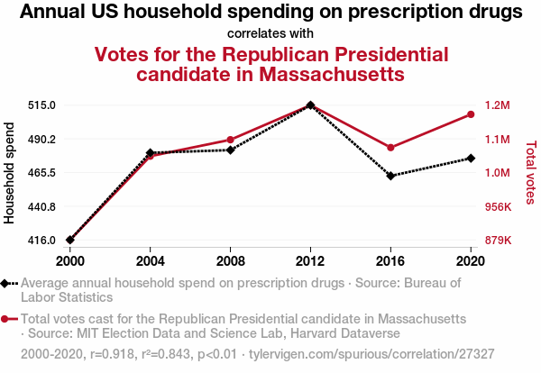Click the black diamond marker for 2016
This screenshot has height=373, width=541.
pos(390,176)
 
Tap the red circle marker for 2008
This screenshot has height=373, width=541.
pos(231,140)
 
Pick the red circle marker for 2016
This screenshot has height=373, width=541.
pos(390,148)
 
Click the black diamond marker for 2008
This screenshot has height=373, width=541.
pos(231,150)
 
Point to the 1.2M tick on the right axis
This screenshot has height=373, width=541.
pos(497,105)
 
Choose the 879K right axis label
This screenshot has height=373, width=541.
pos(499,241)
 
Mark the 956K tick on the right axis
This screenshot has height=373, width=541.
pos(499,206)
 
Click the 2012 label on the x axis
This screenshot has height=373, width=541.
pos(310,261)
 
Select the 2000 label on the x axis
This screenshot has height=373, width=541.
pos(70,261)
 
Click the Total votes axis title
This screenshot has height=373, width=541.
pos(529,172)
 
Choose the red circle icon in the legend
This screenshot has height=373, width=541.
pos(6,319)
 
